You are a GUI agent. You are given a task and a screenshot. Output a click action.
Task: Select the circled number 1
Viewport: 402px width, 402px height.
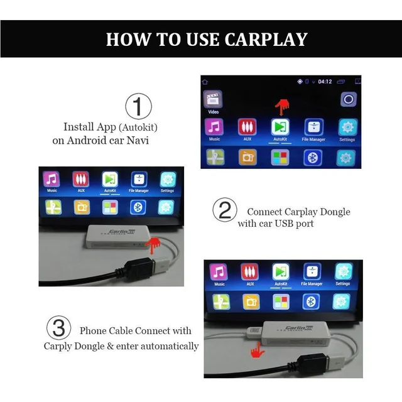(x=139, y=106)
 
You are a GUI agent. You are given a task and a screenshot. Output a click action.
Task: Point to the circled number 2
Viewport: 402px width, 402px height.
(x=224, y=210)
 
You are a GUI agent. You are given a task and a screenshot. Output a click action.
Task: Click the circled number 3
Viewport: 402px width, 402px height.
(x=57, y=328)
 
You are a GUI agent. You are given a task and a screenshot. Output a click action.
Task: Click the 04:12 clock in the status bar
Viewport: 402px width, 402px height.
(x=325, y=82)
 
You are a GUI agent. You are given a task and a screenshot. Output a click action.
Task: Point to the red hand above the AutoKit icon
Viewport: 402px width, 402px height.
(x=285, y=106)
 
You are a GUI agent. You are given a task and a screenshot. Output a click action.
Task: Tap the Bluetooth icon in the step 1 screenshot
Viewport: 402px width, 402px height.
(x=313, y=157)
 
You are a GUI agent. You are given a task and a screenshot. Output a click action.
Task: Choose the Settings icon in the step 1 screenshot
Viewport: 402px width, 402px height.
(x=346, y=128)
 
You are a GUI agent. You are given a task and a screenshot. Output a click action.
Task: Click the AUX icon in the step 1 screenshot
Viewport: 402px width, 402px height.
(x=247, y=128)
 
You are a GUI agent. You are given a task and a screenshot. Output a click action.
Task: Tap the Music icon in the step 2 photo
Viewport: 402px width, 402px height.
(x=52, y=179)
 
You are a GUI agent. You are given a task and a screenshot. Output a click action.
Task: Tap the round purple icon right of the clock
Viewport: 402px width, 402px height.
(x=349, y=99)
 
